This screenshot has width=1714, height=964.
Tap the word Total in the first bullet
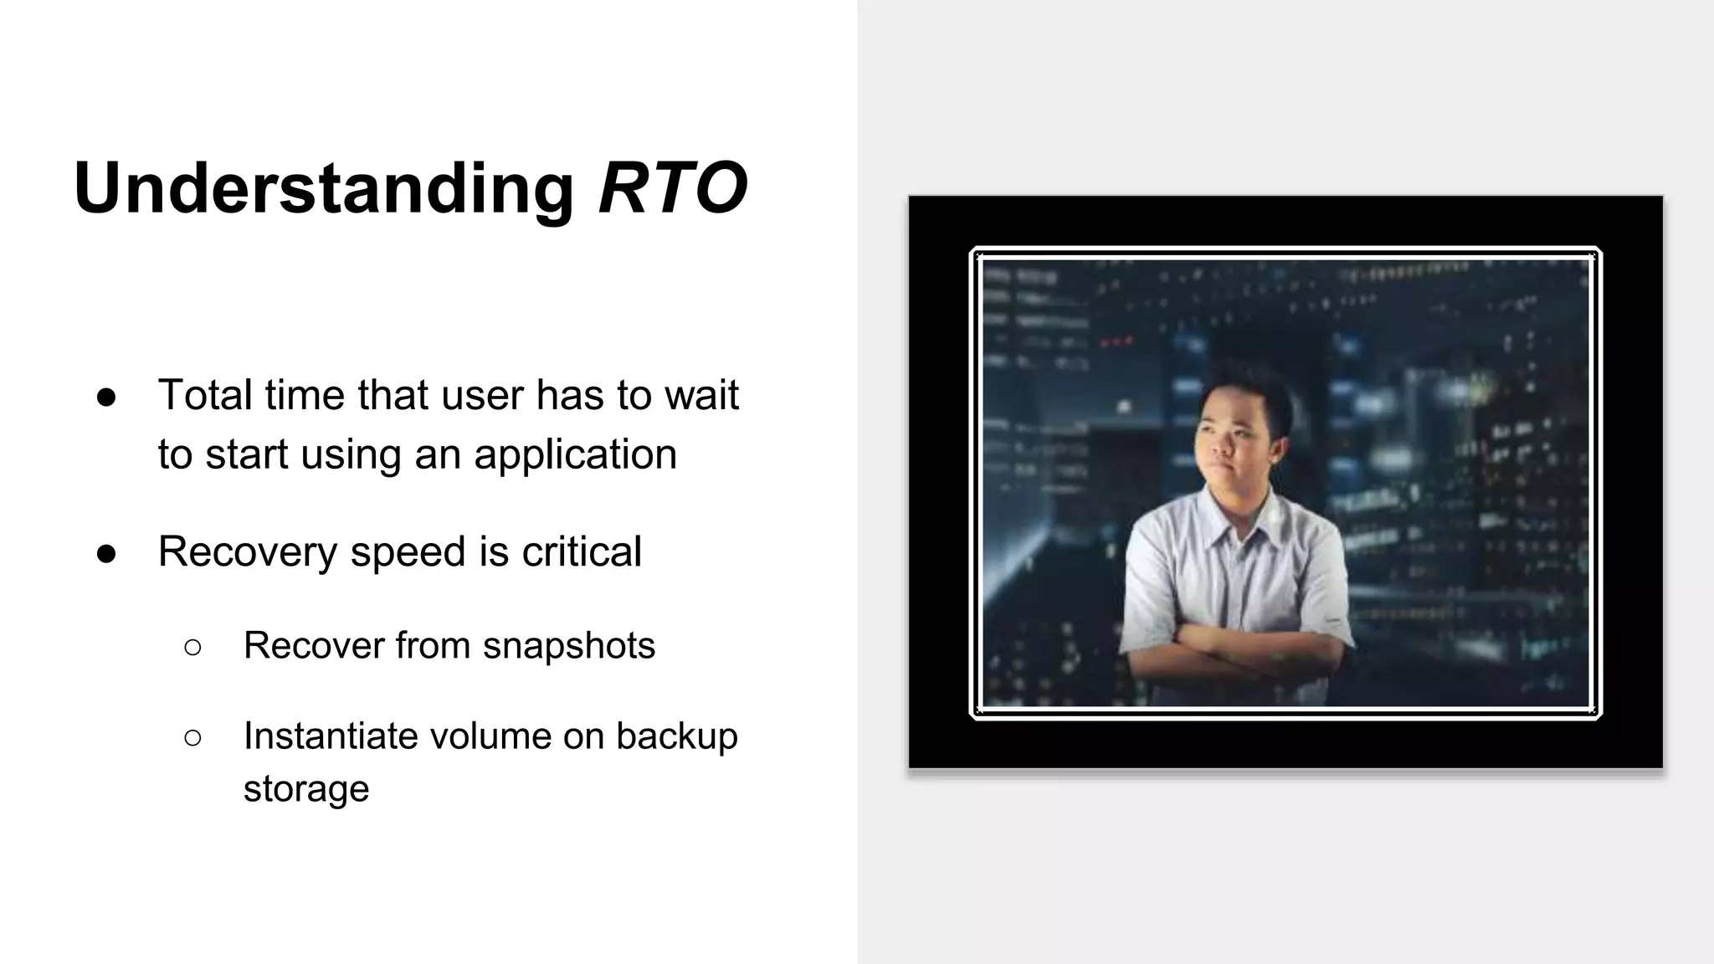pyautogui.click(x=204, y=395)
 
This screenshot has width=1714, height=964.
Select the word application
pyautogui.click(x=575, y=454)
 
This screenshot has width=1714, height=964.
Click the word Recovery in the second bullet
pyautogui.click(x=247, y=551)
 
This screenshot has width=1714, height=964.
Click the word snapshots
pyautogui.click(x=568, y=645)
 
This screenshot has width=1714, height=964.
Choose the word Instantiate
pyautogui.click(x=330, y=736)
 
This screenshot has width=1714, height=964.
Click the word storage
pyautogui.click(x=305, y=789)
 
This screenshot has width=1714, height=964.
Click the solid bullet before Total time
pyautogui.click(x=106, y=397)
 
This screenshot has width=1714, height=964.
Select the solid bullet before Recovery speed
pyautogui.click(x=106, y=553)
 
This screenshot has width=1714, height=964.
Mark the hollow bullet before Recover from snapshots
pyautogui.click(x=192, y=647)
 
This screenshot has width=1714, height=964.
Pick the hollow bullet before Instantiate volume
pyautogui.click(x=192, y=737)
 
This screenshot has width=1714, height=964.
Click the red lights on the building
pyautogui.click(x=1116, y=341)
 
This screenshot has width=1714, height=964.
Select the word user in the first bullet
pyautogui.click(x=486, y=395)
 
